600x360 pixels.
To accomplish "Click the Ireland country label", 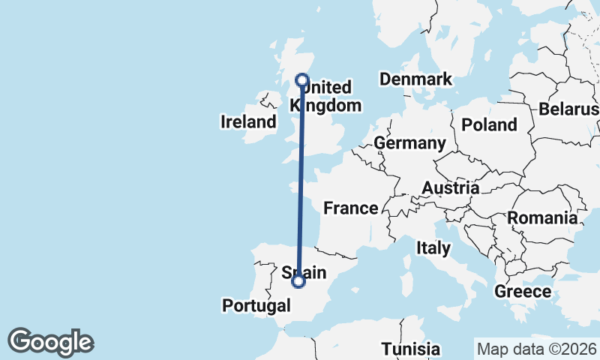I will point(248,121).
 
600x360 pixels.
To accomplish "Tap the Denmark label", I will point(415,79).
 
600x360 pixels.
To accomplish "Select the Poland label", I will point(490,124).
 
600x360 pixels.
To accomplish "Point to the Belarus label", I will point(568,109).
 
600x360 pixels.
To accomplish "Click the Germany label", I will point(409,142).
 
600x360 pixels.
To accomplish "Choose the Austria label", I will point(451,187).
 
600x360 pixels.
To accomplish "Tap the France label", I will point(350,208).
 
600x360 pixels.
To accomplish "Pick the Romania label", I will point(543,218).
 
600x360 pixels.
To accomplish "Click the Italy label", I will point(433,247).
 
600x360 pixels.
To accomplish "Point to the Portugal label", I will point(256,305).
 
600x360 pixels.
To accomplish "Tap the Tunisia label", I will point(410,349).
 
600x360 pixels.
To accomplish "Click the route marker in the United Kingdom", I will point(303,80).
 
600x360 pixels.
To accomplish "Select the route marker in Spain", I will point(299,281).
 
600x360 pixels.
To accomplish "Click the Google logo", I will point(50,342).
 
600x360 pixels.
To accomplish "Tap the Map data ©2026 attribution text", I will point(536,349).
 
